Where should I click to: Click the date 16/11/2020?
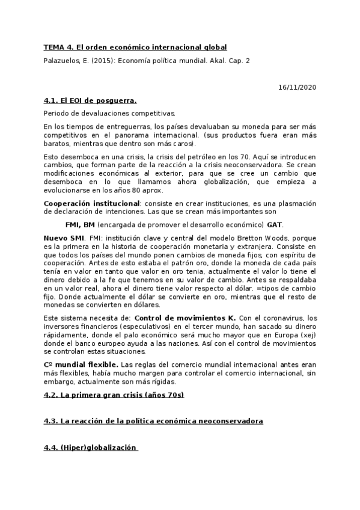(x=297, y=87)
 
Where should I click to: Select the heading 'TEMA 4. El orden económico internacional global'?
(x=135, y=47)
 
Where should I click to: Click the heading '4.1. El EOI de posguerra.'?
(x=90, y=100)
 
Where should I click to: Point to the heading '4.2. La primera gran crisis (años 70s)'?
(x=114, y=395)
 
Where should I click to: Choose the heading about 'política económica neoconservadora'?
(x=153, y=421)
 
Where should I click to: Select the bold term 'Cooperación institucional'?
(x=92, y=203)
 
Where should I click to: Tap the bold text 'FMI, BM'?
(x=80, y=224)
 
